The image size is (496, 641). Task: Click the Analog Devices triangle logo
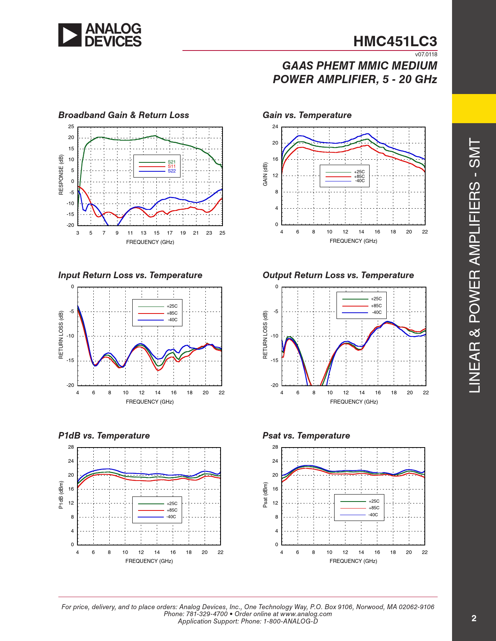click(70, 35)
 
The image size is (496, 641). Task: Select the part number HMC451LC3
click(395, 42)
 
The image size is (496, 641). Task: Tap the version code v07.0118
click(426, 54)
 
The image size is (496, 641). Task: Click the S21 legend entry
click(172, 162)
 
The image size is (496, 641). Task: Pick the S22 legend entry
click(172, 171)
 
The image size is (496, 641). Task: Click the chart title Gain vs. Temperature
click(307, 115)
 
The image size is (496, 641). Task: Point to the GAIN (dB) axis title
click(265, 174)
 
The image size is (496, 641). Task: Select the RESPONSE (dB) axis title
click(61, 175)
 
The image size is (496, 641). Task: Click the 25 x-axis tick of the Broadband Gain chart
click(222, 233)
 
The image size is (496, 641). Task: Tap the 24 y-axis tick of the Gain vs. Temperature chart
click(275, 127)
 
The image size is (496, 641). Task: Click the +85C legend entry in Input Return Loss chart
click(172, 313)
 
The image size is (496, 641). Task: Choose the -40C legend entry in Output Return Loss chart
click(377, 312)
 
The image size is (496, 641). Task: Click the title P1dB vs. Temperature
click(104, 435)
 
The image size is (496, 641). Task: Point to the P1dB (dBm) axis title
click(61, 495)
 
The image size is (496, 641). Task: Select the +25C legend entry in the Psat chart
click(374, 501)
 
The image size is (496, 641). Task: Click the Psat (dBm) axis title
click(265, 495)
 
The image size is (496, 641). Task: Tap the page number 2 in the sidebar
click(474, 618)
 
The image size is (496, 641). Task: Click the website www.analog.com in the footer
click(306, 614)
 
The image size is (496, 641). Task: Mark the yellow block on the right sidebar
click(474, 108)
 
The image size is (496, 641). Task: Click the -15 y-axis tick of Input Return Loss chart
click(70, 361)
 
